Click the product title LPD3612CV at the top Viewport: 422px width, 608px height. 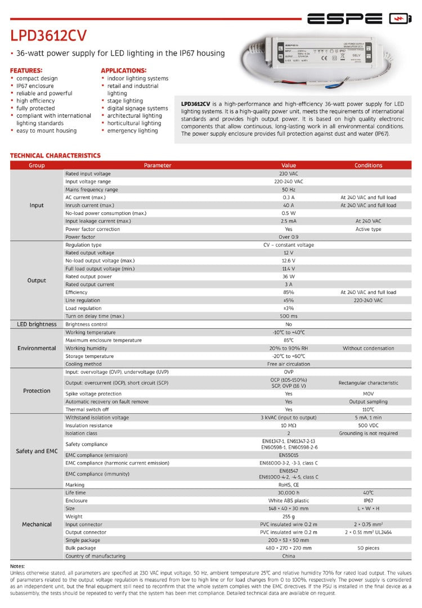(x=48, y=35)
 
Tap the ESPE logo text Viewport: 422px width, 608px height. (x=344, y=19)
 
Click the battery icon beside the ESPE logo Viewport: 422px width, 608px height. (x=400, y=19)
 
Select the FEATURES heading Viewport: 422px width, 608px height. (x=26, y=70)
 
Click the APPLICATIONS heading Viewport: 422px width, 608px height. (x=123, y=70)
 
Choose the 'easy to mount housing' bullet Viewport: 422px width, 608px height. (x=46, y=131)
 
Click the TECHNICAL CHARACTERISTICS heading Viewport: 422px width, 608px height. (x=55, y=155)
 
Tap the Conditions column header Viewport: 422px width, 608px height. (x=368, y=166)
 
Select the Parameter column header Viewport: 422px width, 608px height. (x=158, y=166)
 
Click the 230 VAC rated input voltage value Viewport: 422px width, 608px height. (x=288, y=174)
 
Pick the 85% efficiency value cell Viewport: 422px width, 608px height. (x=288, y=292)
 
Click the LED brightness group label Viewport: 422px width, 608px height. (x=37, y=324)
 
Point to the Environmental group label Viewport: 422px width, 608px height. (x=37, y=348)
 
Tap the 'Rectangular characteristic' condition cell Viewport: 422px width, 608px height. (x=368, y=383)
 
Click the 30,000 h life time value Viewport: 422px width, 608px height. (x=288, y=493)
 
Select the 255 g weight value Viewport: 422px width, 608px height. (x=288, y=516)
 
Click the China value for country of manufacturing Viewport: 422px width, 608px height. (x=288, y=556)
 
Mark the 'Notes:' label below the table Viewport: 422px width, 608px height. (x=18, y=566)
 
